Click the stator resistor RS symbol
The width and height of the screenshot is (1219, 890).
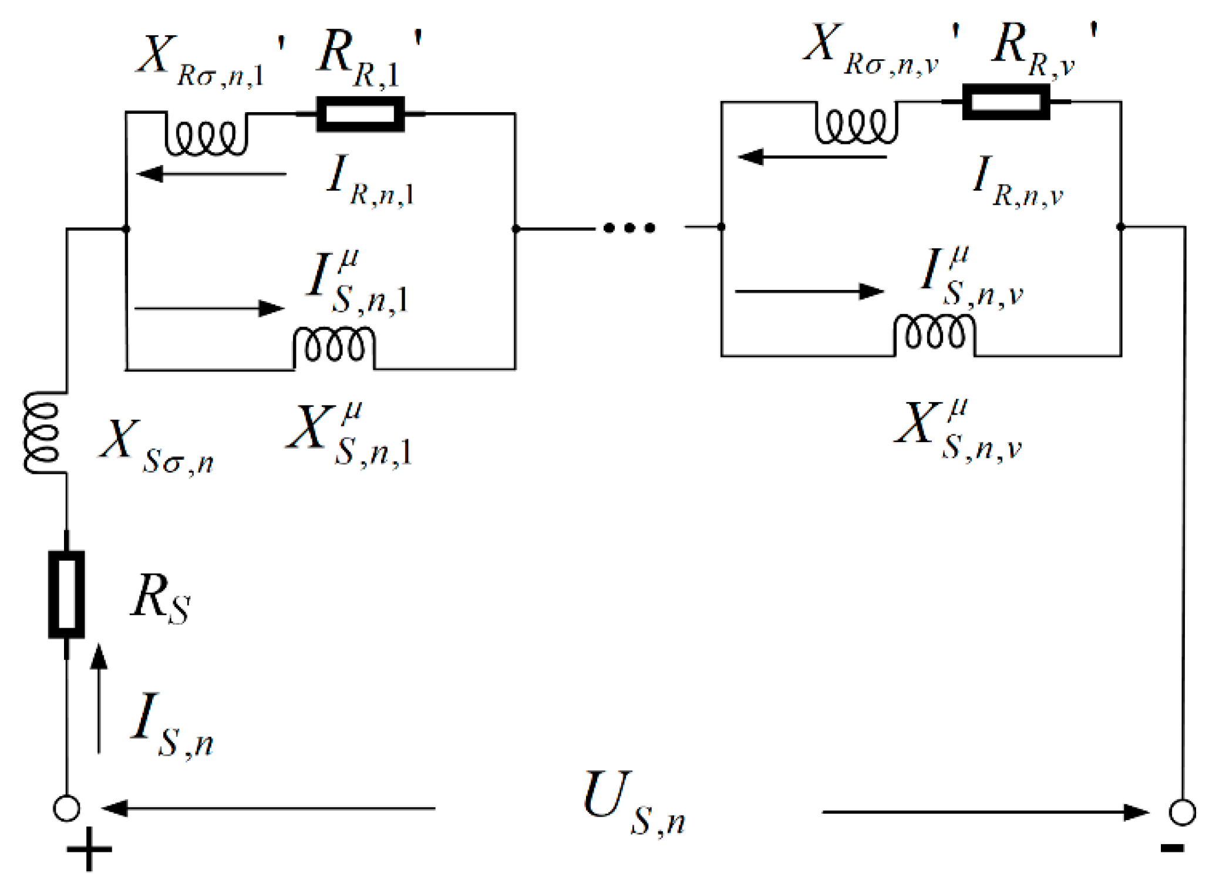(x=66, y=594)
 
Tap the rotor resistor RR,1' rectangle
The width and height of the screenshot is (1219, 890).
(x=360, y=114)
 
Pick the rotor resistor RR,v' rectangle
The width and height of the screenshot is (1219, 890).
(x=1005, y=102)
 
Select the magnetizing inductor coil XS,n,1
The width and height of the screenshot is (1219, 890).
(x=334, y=346)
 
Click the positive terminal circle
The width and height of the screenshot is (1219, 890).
(x=66, y=808)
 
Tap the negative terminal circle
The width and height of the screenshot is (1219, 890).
(x=1182, y=812)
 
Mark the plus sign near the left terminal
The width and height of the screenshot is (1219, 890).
(x=89, y=849)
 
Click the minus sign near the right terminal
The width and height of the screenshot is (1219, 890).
(x=1172, y=847)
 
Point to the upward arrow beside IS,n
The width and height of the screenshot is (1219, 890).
(x=99, y=698)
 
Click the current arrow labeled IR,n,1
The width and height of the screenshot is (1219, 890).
(x=211, y=174)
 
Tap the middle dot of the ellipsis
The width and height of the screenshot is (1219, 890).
(x=629, y=228)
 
